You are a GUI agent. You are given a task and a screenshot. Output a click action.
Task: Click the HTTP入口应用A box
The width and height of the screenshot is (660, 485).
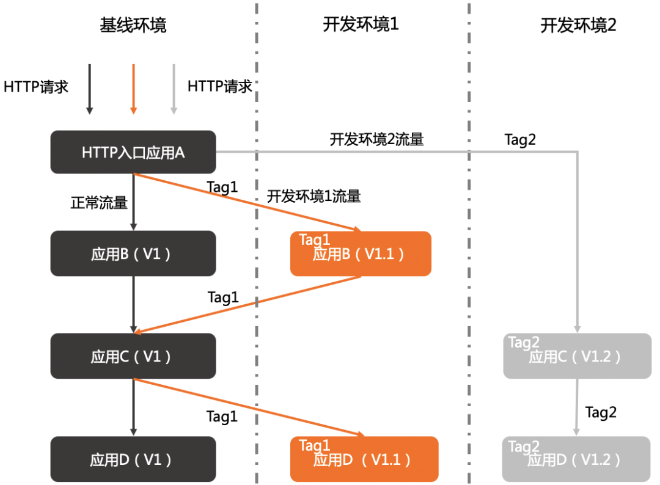pos(133,152)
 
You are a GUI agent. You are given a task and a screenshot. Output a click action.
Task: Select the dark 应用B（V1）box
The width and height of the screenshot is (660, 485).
pos(133,253)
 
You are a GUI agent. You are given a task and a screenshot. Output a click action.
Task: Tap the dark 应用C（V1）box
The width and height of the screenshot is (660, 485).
pos(133,356)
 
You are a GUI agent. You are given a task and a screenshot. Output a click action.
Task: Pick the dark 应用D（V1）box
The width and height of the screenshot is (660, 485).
pos(133,459)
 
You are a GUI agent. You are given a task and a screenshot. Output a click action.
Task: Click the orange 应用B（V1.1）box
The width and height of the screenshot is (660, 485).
pos(361,253)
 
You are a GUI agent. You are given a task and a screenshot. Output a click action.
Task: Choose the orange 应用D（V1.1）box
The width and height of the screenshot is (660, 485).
pos(364,459)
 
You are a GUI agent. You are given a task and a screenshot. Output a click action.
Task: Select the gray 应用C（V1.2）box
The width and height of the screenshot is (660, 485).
pos(577,356)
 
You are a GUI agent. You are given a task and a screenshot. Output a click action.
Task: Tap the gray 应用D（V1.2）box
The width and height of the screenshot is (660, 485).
pos(577,459)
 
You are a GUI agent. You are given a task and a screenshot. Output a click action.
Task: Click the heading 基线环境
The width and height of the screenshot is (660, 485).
pos(133,25)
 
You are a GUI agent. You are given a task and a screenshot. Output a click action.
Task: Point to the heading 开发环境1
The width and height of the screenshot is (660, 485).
pos(361,25)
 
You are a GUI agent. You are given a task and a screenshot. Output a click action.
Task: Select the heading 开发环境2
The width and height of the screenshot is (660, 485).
pos(578,25)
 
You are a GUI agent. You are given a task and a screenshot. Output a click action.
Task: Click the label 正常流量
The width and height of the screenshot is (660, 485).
pos(99,202)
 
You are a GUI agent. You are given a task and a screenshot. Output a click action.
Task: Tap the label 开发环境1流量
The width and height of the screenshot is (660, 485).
pos(313,196)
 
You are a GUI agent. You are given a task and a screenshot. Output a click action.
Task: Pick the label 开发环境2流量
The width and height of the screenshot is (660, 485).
pos(376,139)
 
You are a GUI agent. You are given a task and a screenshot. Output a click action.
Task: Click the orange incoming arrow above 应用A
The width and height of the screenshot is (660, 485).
pos(133,89)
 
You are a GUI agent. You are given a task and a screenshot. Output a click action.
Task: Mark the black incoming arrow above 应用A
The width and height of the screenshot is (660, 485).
pos(89,89)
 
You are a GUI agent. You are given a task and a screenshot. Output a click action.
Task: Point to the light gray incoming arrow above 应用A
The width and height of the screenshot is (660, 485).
pos(174,89)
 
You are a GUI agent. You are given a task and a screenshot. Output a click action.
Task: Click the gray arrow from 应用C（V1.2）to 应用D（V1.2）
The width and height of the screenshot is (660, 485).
pos(577,407)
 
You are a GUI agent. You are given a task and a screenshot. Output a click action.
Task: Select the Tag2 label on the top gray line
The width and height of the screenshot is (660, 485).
pos(520,139)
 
